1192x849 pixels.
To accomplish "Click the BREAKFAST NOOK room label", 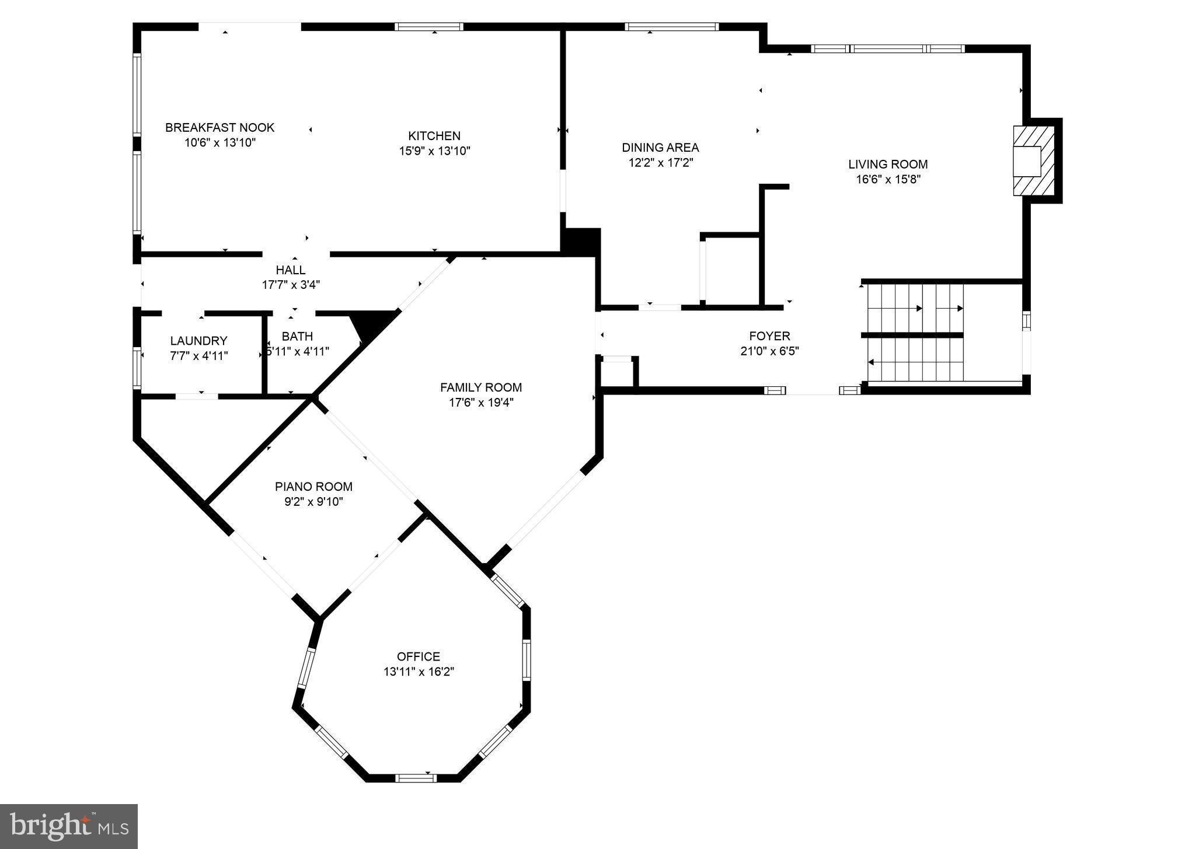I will point(219,127).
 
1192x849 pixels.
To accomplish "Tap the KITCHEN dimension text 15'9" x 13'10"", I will point(434,151).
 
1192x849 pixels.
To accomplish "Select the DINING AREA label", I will point(660,148).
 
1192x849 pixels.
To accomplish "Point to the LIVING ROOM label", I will point(888,165).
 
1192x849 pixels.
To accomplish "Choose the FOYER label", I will point(769,336).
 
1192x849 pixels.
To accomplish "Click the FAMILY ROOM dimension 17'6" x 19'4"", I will point(480,403).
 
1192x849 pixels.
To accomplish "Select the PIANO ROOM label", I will point(313,487).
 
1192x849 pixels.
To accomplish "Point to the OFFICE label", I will point(419,656).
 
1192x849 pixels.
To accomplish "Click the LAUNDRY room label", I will point(198,341).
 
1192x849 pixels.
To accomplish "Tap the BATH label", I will point(297,337).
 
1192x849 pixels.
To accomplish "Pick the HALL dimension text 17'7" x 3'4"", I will point(291,285).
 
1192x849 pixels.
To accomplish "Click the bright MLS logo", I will point(69,826).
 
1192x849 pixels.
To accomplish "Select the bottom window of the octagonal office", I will point(416,777).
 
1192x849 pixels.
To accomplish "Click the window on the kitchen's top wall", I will point(428,26).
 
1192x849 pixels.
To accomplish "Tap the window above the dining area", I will point(671,26).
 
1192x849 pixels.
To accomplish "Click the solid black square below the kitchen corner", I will point(581,241).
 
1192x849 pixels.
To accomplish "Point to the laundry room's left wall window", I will point(137,368).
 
